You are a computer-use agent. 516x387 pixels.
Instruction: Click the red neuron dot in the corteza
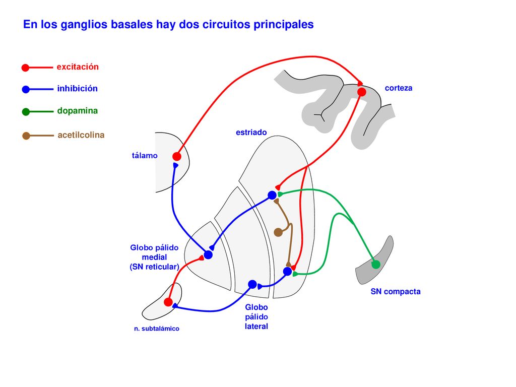pyautogui.click(x=362, y=92)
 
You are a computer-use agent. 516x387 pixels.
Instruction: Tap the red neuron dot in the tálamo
pyautogui.click(x=177, y=156)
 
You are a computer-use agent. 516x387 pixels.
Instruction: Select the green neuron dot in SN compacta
pyautogui.click(x=376, y=264)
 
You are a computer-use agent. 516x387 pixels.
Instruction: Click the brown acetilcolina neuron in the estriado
pyautogui.click(x=278, y=232)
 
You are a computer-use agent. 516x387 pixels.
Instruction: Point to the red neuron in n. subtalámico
pyautogui.click(x=168, y=302)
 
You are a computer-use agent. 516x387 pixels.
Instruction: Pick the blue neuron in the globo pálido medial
pyautogui.click(x=208, y=254)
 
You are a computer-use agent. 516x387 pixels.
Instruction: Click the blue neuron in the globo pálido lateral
pyautogui.click(x=252, y=284)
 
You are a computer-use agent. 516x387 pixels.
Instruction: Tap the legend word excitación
pyautogui.click(x=78, y=67)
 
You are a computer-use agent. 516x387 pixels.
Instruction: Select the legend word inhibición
pyautogui.click(x=77, y=89)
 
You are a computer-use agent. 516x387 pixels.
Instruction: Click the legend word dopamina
pyautogui.click(x=77, y=111)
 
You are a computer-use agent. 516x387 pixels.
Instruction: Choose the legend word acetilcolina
pyautogui.click(x=81, y=135)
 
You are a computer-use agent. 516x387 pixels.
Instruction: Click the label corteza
pyautogui.click(x=399, y=88)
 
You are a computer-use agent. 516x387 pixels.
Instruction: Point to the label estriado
pyautogui.click(x=251, y=133)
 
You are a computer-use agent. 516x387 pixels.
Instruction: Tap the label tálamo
pyautogui.click(x=145, y=155)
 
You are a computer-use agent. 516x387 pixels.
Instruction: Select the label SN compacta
pyautogui.click(x=396, y=292)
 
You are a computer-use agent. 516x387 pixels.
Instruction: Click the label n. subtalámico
pyautogui.click(x=157, y=329)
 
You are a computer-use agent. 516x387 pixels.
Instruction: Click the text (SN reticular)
pyautogui.click(x=154, y=267)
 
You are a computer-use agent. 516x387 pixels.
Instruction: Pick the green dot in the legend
pyautogui.click(x=26, y=112)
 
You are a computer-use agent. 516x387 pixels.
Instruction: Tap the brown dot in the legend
pyautogui.click(x=26, y=136)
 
